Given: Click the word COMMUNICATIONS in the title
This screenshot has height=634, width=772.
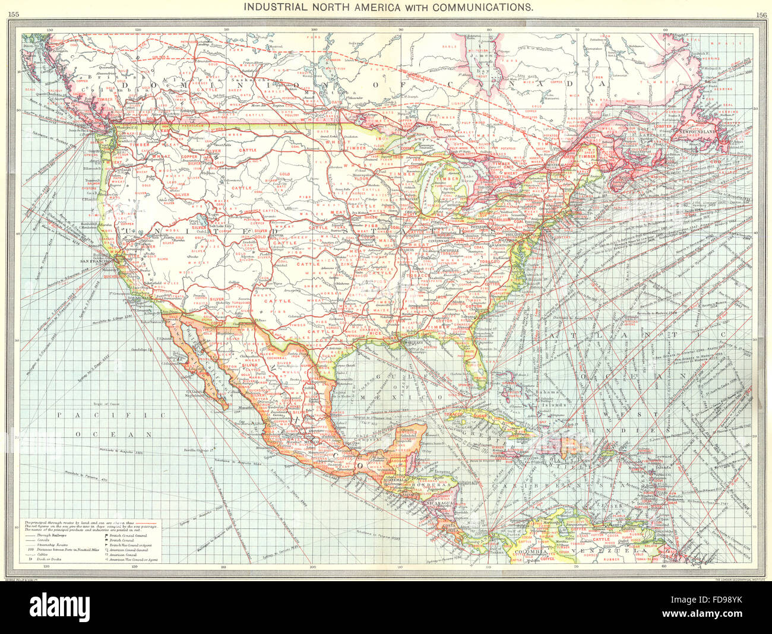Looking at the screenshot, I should [482, 8].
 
